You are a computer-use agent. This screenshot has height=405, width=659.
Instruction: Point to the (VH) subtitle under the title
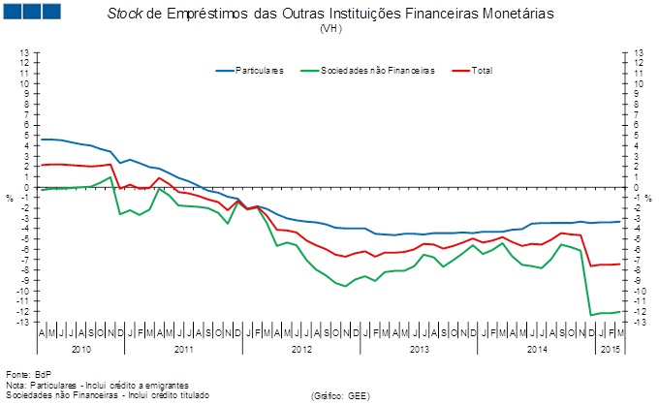tap(329, 28)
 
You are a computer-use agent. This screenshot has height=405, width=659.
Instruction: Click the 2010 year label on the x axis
tap(81, 347)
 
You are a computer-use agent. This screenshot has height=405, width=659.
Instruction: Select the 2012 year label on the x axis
tap(300, 347)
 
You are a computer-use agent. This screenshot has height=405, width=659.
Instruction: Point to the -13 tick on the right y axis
tap(638, 321)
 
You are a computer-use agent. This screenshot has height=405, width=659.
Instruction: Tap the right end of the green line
tap(619, 311)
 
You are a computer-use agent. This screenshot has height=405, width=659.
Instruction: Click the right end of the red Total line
tap(619, 264)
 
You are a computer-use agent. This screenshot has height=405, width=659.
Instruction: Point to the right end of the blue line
tap(619, 222)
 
